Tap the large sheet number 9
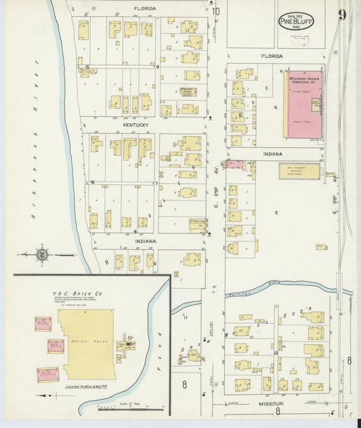[x=342, y=15]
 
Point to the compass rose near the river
[x=42, y=255]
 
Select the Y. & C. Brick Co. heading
[x=77, y=294]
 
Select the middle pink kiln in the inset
[x=55, y=346]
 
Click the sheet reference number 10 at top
[x=215, y=11]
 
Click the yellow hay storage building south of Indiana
[x=299, y=171]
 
